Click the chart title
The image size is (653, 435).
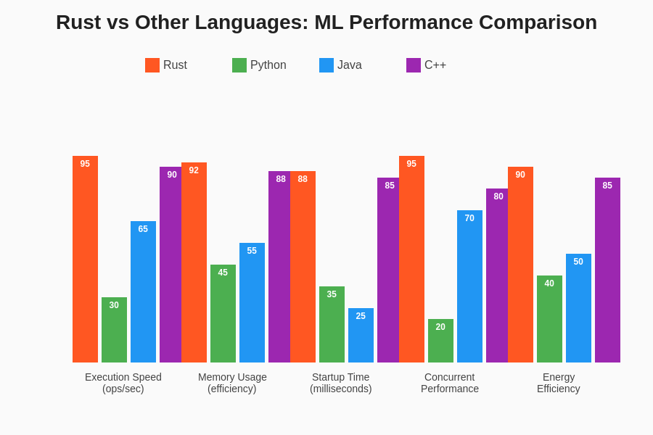tap(326, 22)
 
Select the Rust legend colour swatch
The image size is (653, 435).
tap(152, 65)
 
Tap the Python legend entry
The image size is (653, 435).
tap(259, 65)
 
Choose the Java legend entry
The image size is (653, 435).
tap(340, 65)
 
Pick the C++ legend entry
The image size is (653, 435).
tap(426, 65)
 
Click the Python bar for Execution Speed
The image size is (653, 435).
tap(114, 330)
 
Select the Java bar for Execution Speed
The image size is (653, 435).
tap(143, 291)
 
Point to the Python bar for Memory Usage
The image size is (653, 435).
tap(223, 313)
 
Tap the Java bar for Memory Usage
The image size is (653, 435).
tap(252, 302)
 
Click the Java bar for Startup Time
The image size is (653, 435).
tap(361, 335)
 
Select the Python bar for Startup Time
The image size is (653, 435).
tap(332, 324)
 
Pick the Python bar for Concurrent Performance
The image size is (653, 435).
tap(440, 341)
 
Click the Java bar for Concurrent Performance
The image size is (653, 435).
tap(469, 286)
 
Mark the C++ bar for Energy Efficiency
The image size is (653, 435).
tap(607, 270)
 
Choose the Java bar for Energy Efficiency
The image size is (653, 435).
tap(578, 308)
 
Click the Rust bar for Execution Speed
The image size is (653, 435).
tap(85, 259)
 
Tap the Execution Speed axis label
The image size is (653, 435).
tap(123, 383)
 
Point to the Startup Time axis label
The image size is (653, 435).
tap(341, 383)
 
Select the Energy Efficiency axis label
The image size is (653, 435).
tap(559, 383)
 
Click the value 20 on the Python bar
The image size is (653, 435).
tap(440, 327)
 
